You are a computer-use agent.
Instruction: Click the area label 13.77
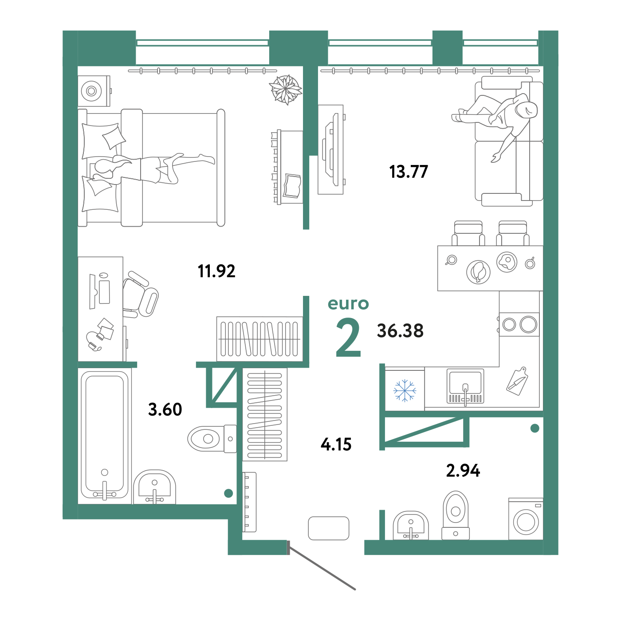coord(408,172)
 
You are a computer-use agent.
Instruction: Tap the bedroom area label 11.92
coord(216,271)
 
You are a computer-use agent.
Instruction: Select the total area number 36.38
coord(400,330)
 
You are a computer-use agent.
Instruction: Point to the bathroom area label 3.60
coord(165,409)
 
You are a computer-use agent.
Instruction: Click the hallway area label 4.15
coord(336,444)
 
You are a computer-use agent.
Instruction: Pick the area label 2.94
coord(463,471)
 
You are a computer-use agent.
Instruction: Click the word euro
coord(348,303)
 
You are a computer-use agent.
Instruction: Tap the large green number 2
coord(348,338)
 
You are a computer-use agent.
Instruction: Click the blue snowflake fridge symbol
coord(405,391)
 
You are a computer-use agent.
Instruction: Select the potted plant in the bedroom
coord(286,90)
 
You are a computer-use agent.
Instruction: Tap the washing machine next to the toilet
coord(526,519)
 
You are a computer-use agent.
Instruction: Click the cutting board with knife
coord(517,381)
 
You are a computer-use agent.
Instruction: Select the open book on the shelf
coord(292,186)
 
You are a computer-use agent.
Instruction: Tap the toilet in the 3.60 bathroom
coord(212,439)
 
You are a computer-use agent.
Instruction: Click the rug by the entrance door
coord(328,528)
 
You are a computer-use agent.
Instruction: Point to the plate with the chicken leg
coord(478,272)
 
